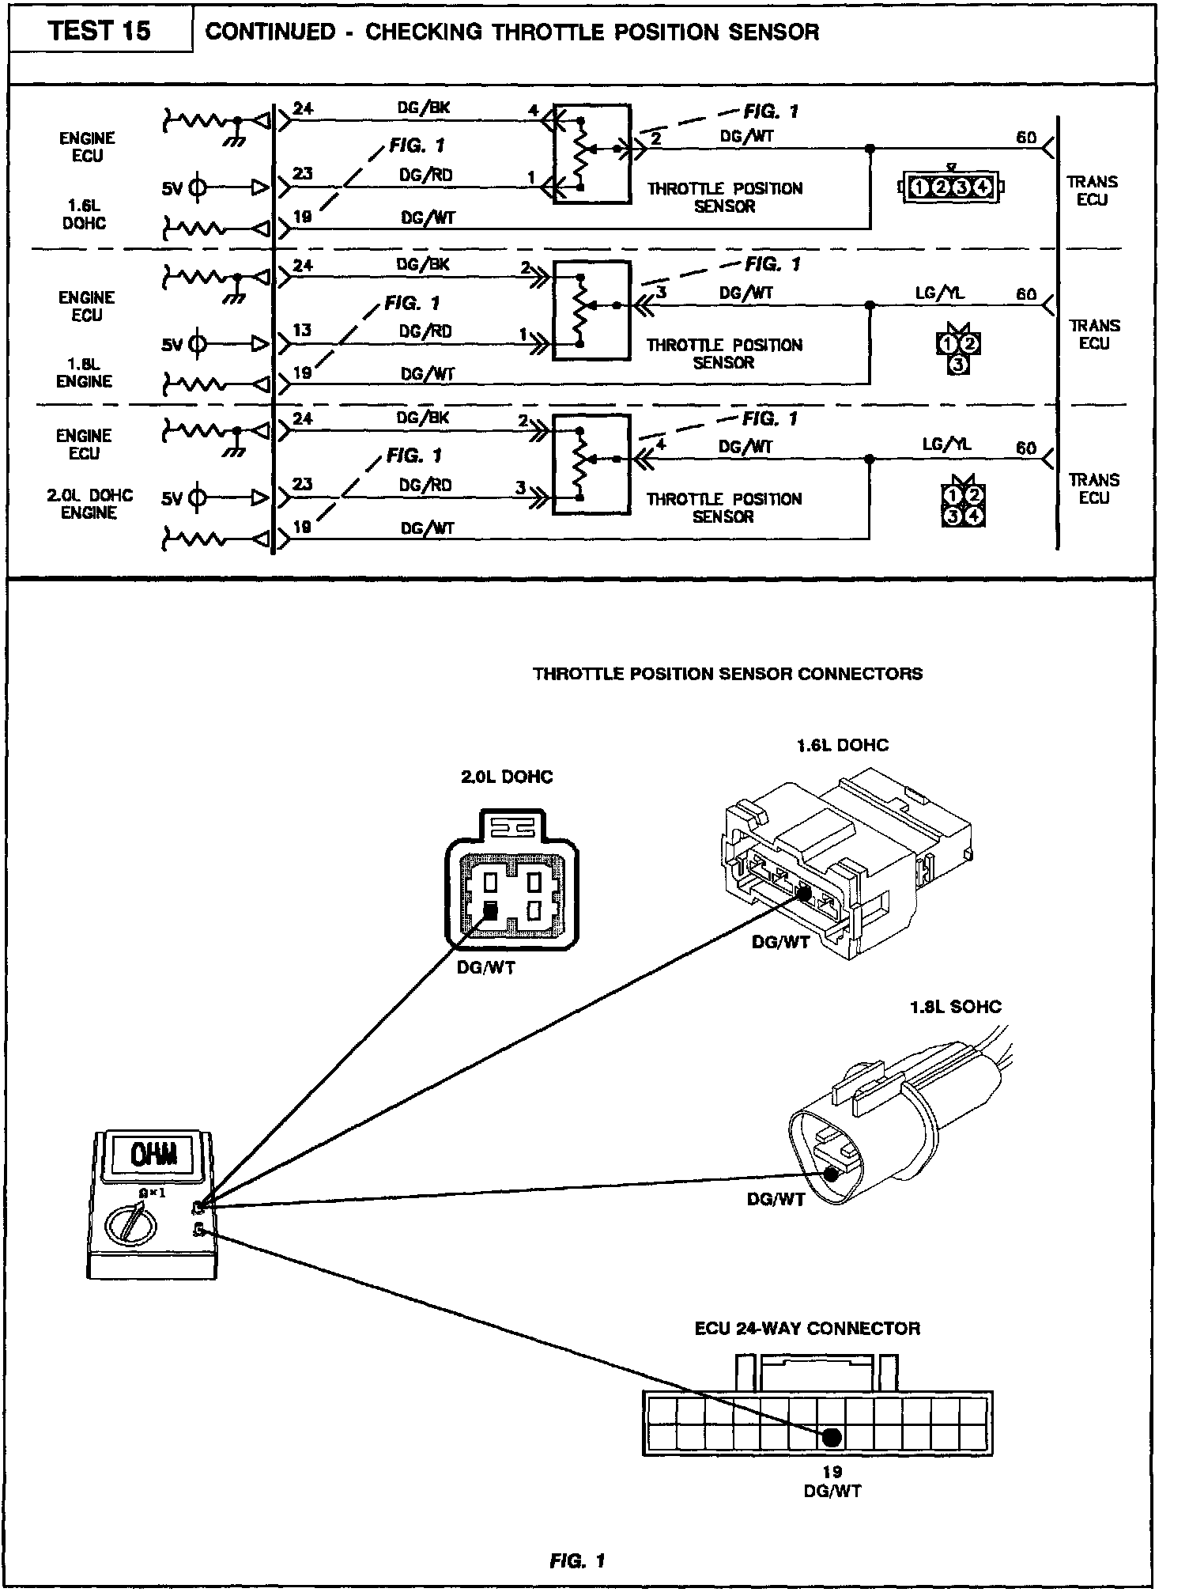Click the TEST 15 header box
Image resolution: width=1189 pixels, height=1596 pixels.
coord(100,32)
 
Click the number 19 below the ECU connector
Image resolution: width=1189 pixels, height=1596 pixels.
coord(832,1471)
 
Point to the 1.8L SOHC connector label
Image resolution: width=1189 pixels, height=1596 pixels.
coord(955,1007)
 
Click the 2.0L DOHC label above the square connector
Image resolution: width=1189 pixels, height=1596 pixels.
coord(507,777)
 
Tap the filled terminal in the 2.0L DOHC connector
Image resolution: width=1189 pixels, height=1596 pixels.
coord(490,910)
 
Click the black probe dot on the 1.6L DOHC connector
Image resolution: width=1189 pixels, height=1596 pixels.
coord(804,894)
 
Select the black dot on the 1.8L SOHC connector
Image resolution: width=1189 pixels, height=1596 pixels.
coord(831,1174)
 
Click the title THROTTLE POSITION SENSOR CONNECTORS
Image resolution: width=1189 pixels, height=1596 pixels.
coord(727,674)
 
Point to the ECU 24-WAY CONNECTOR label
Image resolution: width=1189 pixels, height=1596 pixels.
coord(807,1328)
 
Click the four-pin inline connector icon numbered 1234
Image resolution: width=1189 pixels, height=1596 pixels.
coord(952,187)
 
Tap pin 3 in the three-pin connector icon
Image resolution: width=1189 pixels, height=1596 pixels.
coord(958,365)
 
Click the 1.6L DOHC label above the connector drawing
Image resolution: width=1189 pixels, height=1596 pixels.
coord(842,745)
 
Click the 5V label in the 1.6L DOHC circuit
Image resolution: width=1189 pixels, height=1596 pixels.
coord(172,189)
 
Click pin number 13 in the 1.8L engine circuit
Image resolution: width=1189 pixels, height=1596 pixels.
coord(302,330)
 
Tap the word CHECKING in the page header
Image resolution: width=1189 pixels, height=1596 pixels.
coord(423,32)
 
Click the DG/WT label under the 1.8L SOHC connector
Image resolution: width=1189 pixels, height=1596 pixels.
coord(776,1199)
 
